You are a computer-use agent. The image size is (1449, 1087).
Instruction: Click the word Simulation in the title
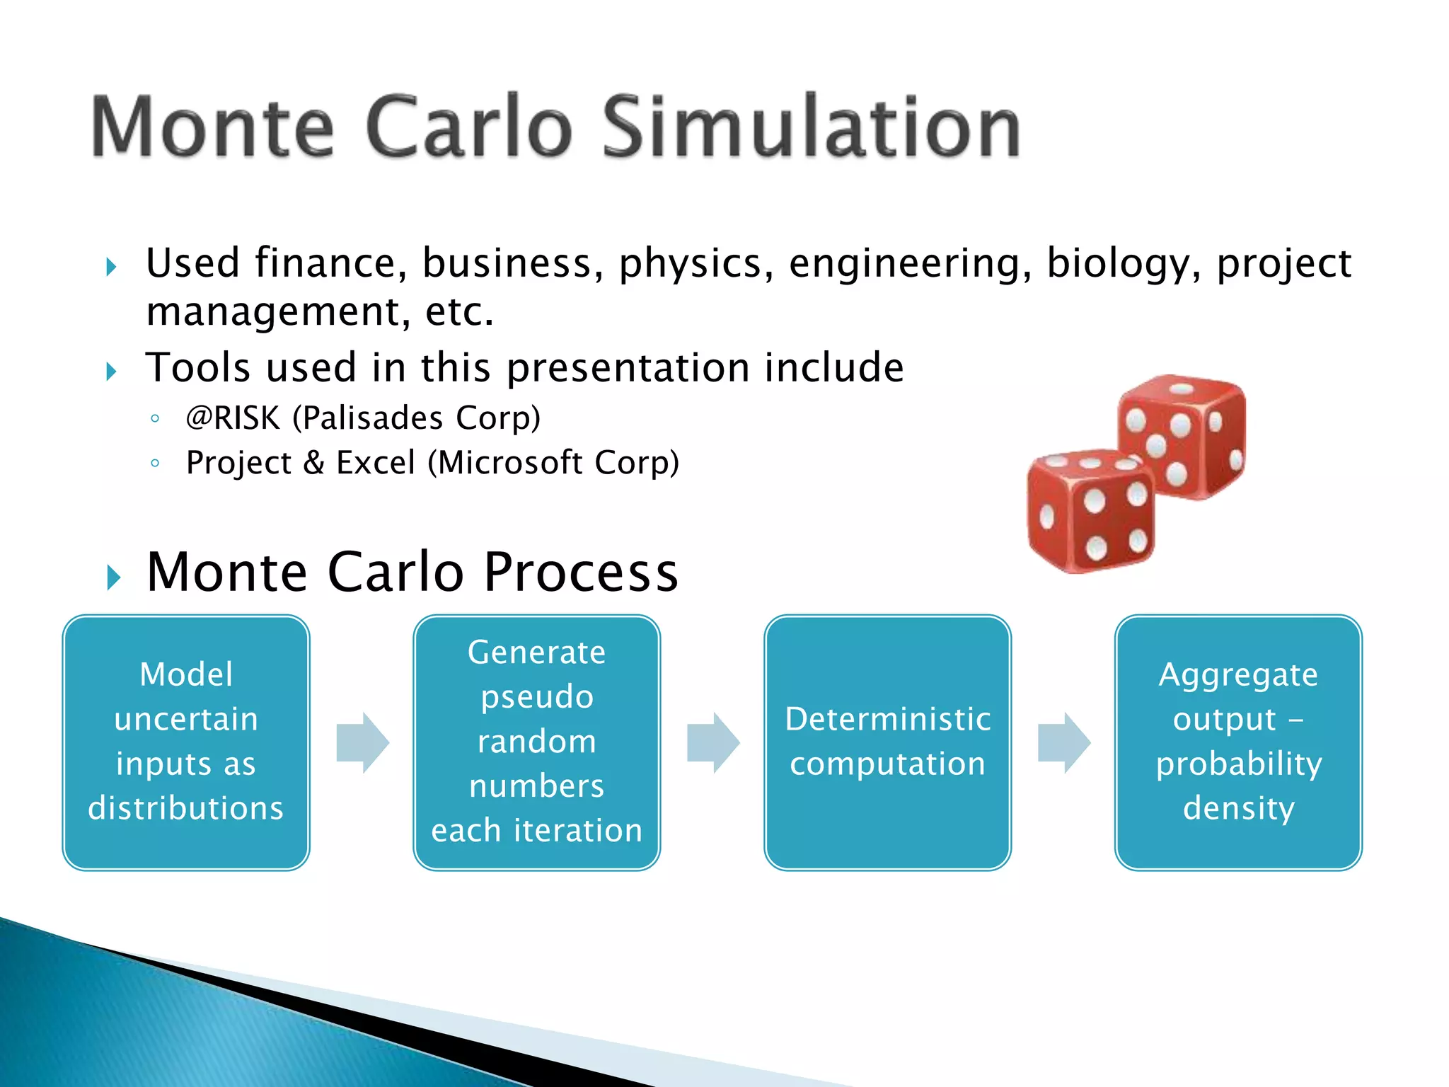tap(811, 127)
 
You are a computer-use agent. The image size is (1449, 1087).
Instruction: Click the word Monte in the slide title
tap(212, 127)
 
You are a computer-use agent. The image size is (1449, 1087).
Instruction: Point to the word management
tap(273, 312)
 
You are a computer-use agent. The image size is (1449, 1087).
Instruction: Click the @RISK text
tap(233, 418)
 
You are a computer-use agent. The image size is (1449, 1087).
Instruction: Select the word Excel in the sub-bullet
tap(375, 463)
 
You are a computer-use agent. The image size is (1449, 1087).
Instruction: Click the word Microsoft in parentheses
tap(509, 463)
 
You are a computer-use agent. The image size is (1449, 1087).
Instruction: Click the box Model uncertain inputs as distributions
tap(186, 742)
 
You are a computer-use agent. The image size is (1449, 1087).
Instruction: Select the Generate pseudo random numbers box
tap(536, 742)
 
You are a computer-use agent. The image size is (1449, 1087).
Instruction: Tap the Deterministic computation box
tap(887, 742)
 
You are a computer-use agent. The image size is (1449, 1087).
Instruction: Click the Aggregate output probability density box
tap(1238, 742)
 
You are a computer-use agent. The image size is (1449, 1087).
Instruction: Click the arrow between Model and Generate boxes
tap(362, 742)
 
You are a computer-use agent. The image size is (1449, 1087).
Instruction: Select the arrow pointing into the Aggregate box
tap(1063, 742)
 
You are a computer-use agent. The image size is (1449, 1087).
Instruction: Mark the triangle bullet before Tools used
tap(112, 371)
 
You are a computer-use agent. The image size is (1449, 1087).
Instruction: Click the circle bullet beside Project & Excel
tap(155, 464)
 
